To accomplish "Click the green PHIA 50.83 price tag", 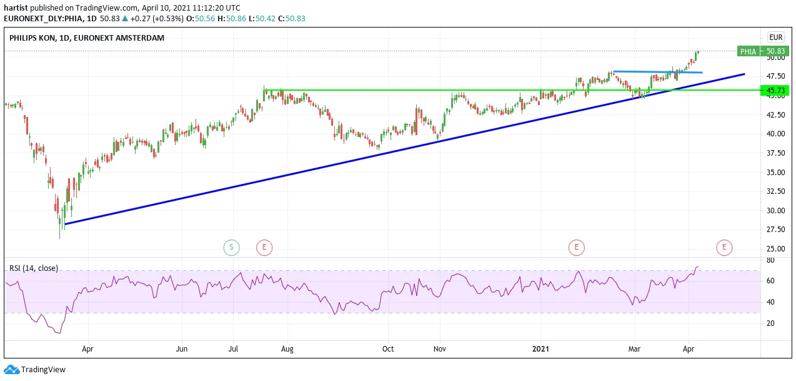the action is pos(763,51).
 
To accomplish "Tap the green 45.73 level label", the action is pos(775,90).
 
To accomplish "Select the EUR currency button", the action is pos(776,38).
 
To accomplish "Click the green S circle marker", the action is pos(231,247).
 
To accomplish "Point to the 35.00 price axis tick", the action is pos(775,172).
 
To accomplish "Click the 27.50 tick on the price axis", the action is pos(775,230).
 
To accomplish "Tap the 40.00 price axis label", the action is pos(775,134).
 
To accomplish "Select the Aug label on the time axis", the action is pos(287,349).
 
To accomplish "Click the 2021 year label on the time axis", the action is pos(540,349).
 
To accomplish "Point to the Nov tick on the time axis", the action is pos(440,349).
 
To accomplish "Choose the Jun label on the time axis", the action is pos(182,349).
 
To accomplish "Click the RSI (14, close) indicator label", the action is pos(34,268).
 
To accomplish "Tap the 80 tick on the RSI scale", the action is pos(770,260).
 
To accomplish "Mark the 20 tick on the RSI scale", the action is pos(770,323).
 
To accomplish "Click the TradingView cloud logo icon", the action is pos(12,370).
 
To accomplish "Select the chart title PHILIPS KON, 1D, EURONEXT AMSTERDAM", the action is pos(87,38).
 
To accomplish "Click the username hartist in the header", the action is pos(16,8).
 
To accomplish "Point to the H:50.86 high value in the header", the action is pos(232,19).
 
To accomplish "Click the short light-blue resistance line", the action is pos(658,72).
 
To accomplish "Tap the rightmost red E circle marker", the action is pos(724,247).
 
